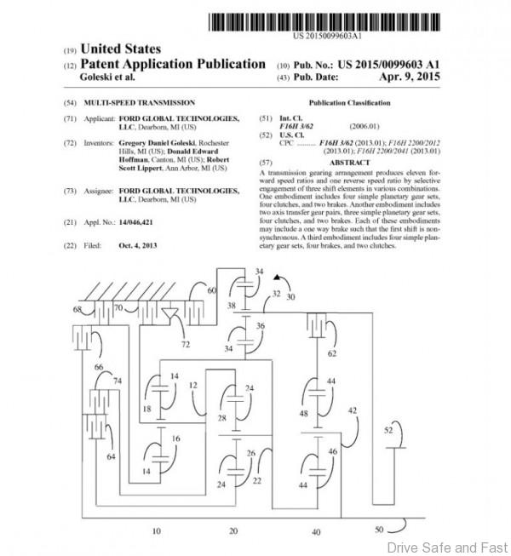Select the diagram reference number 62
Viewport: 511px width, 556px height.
point(333,352)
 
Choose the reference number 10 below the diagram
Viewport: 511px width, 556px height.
point(155,530)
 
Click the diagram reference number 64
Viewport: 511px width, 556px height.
point(112,457)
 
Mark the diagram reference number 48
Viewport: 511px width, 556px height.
point(303,414)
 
